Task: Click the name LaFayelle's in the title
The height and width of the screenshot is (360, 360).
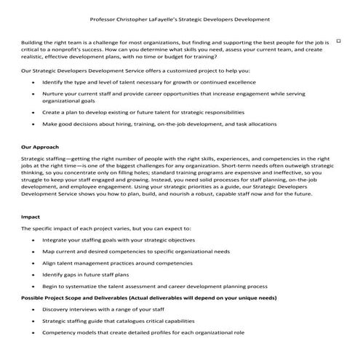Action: [182, 19]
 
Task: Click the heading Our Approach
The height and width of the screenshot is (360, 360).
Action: [41, 146]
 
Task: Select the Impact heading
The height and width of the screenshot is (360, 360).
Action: [31, 217]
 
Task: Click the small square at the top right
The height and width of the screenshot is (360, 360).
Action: [338, 42]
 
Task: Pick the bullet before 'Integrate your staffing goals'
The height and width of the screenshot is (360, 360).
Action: [33, 240]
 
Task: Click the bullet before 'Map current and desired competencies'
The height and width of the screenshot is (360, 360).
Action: [33, 251]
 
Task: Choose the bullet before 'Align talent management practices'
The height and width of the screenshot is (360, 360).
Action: [33, 263]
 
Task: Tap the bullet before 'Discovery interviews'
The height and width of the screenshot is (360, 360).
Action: [33, 309]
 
